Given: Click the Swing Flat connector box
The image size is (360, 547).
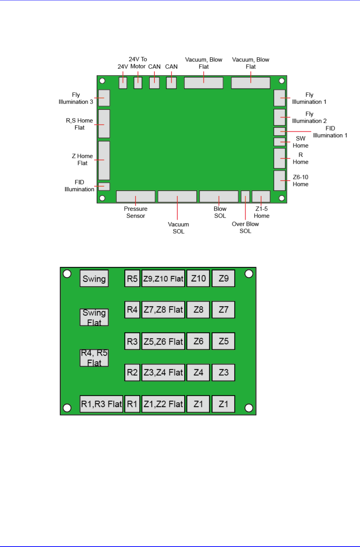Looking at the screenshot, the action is [x=94, y=318].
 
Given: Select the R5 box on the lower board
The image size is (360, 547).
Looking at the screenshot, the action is [x=132, y=279].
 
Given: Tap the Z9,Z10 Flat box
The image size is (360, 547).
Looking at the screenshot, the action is [x=163, y=279].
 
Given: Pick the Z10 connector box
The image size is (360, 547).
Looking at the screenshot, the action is [x=198, y=279].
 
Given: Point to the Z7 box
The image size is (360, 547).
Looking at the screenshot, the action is [x=224, y=310].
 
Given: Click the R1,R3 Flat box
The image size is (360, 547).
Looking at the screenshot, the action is [x=101, y=404].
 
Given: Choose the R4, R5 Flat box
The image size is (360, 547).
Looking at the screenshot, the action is [x=94, y=358].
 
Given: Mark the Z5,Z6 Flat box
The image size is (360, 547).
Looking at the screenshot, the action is [x=163, y=341].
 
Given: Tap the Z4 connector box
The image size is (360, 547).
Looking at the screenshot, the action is [x=198, y=372].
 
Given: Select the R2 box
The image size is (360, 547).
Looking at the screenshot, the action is [x=132, y=372].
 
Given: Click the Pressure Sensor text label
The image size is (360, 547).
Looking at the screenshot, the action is [x=136, y=212].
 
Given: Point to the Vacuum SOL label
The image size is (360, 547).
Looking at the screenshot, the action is [x=179, y=228].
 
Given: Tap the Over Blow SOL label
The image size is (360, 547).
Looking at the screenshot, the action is [x=245, y=227].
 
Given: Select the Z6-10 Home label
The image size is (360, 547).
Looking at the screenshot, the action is [x=300, y=180].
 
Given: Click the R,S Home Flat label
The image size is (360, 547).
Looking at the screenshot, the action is [x=79, y=124].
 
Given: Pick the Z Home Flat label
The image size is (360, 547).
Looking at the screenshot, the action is [x=82, y=159].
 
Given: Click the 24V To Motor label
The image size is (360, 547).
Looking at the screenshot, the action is [x=138, y=63].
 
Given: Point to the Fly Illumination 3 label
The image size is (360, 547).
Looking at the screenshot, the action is [x=76, y=98].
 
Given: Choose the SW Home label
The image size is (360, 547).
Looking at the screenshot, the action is [x=300, y=142].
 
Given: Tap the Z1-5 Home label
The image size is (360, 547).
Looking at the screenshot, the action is [x=262, y=212].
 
